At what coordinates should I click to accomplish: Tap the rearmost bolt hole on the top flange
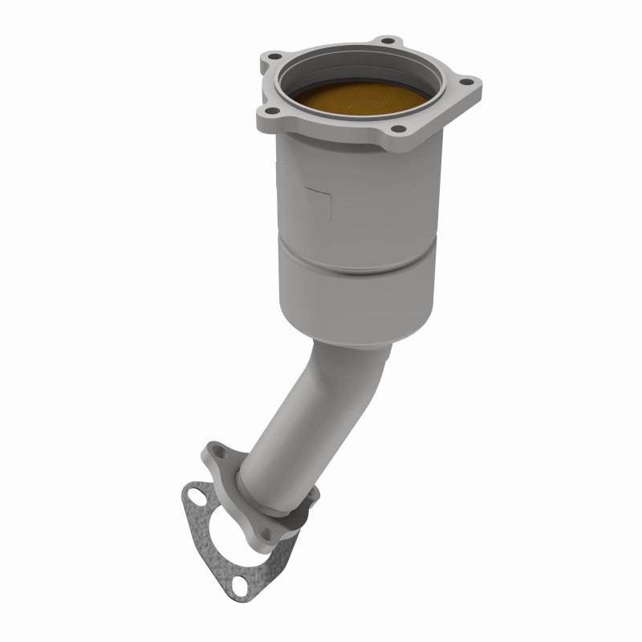(x=388, y=40)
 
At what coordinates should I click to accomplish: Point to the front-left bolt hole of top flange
(x=270, y=111)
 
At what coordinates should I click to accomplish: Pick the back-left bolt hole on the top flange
(x=274, y=56)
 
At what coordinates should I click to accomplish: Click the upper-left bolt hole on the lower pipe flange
(x=214, y=453)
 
